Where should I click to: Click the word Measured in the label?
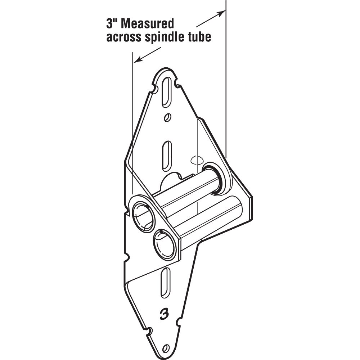click(x=147, y=24)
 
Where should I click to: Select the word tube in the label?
click(x=199, y=37)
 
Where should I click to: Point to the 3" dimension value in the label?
click(x=112, y=24)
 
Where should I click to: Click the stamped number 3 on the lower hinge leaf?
click(x=165, y=314)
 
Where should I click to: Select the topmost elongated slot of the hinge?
click(x=167, y=93)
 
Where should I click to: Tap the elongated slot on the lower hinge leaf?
click(x=165, y=282)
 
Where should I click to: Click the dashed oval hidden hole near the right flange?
click(x=197, y=160)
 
